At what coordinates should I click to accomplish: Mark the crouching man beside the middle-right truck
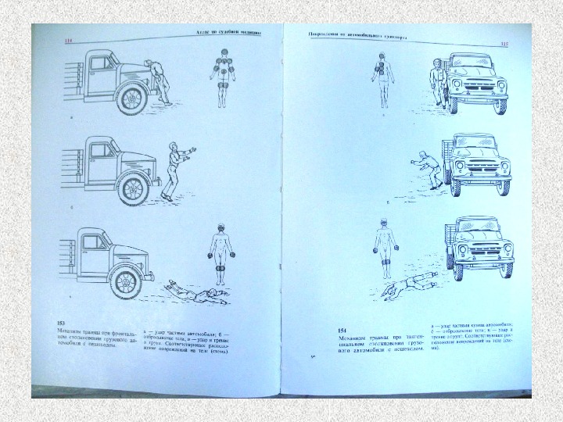click(x=429, y=170)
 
